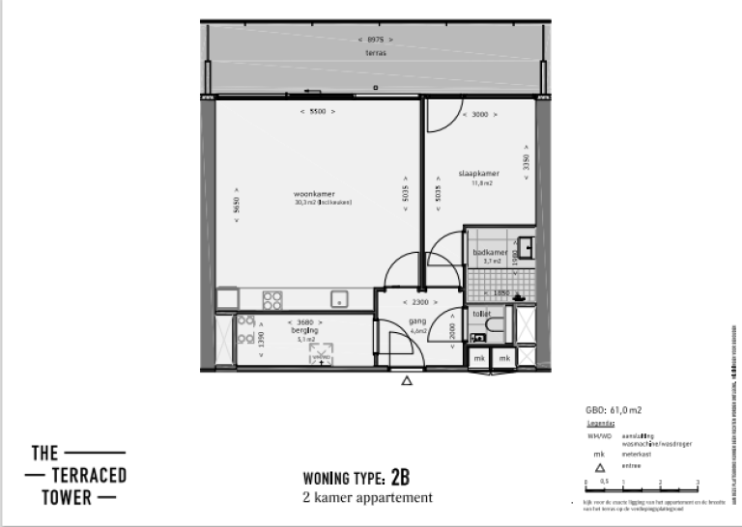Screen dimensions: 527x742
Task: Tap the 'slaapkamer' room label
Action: (x=475, y=175)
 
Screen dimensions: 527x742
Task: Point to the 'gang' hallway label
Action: (x=418, y=322)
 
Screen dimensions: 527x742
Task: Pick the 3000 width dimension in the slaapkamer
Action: (x=479, y=114)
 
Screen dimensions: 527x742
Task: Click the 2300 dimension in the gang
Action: (x=419, y=302)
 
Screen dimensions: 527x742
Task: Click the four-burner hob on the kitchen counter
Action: (x=273, y=298)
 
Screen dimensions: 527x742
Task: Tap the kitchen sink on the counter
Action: (x=339, y=298)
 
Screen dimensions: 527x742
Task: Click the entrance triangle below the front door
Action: (x=407, y=381)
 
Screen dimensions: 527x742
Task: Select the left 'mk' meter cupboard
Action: (x=478, y=358)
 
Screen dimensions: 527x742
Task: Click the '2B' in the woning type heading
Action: (x=401, y=478)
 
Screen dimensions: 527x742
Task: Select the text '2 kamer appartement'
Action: (x=367, y=498)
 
